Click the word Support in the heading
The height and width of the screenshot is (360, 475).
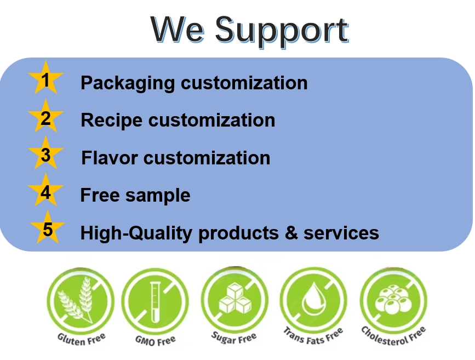(281, 30)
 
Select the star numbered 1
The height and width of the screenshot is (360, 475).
(45, 80)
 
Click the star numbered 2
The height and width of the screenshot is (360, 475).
(45, 118)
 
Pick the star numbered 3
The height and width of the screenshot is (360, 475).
(45, 155)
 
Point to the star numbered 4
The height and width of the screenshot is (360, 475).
(45, 192)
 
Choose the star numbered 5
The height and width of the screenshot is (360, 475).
(48, 229)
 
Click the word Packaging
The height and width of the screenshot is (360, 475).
(127, 83)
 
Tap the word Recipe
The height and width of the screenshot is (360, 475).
(112, 120)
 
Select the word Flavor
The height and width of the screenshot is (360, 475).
(110, 158)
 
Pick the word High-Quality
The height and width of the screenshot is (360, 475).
(136, 233)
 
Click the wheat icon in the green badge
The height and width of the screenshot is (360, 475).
(77, 299)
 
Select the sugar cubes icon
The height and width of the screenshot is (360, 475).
(234, 299)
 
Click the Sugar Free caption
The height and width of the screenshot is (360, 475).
(234, 337)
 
